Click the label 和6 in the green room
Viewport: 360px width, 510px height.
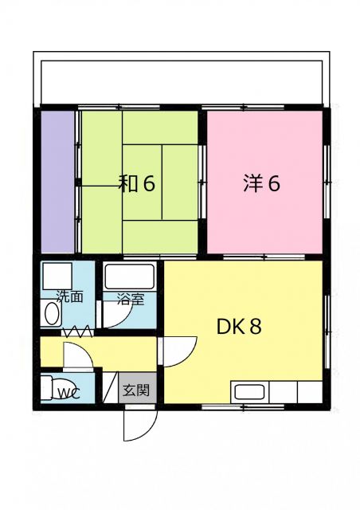click(136, 183)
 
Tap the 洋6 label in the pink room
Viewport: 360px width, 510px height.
click(261, 183)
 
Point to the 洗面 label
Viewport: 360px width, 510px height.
click(69, 297)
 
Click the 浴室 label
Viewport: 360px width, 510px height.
click(131, 300)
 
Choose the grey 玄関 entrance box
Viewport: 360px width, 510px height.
click(135, 390)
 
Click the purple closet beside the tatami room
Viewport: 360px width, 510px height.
click(57, 182)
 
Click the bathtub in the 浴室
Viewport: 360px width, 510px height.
click(130, 277)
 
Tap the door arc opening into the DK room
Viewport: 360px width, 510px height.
click(180, 351)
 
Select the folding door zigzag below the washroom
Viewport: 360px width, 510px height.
click(77, 330)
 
